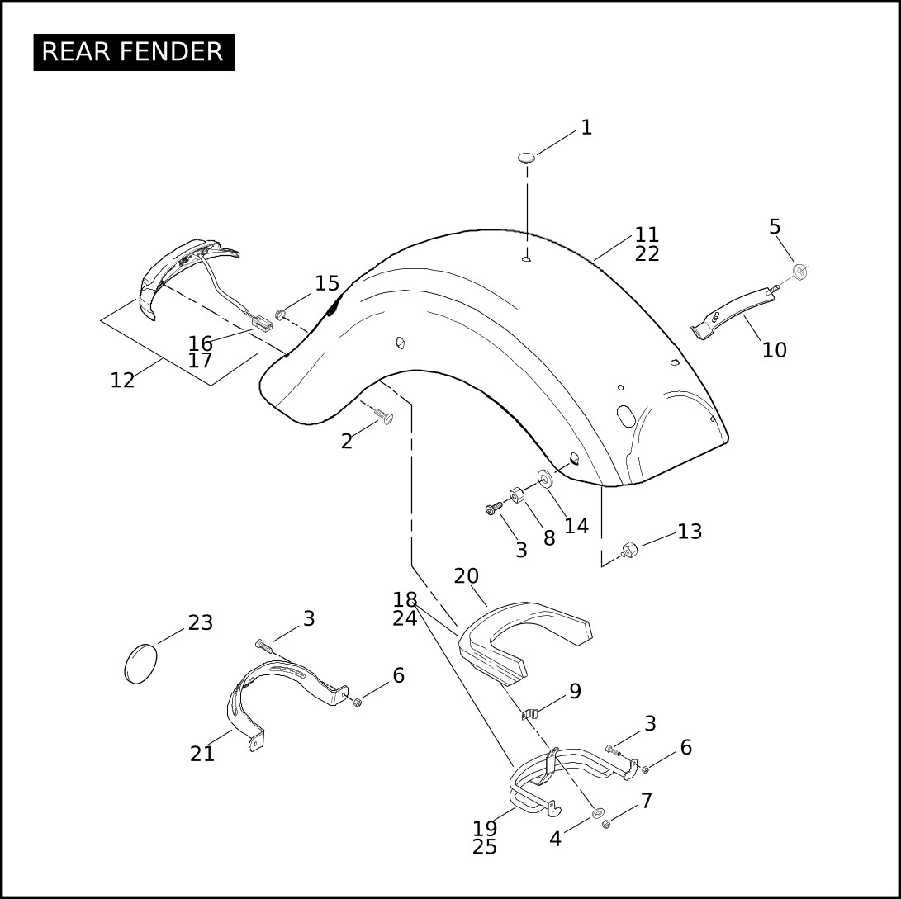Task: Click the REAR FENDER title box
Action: pos(134,52)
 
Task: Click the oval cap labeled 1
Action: pos(526,158)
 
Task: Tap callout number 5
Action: pos(775,227)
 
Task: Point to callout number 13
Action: pos(690,532)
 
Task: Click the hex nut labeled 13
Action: pos(630,550)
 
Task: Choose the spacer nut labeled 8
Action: pos(517,494)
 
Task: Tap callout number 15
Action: pos(327,284)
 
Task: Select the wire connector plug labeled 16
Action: pos(262,324)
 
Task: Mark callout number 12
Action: pos(122,381)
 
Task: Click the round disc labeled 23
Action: pos(140,664)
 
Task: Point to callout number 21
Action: pos(202,755)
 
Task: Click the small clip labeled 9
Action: pos(530,714)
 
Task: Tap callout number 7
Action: pos(647,801)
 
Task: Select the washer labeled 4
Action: pos(598,813)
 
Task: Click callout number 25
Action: pos(485,847)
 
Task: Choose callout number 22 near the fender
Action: pos(647,254)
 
